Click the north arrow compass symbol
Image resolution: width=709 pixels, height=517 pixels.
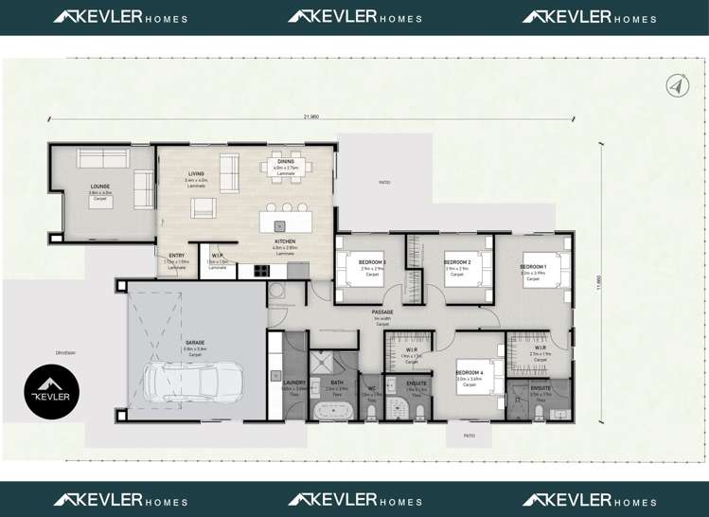pyautogui.click(x=675, y=85)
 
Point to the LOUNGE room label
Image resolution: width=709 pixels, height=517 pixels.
pyautogui.click(x=100, y=187)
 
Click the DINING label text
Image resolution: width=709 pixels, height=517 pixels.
pyautogui.click(x=285, y=162)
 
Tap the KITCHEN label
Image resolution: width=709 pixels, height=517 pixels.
pyautogui.click(x=285, y=241)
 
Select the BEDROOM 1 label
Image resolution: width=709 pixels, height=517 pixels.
pyautogui.click(x=533, y=267)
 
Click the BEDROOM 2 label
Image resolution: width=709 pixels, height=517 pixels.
pyautogui.click(x=457, y=261)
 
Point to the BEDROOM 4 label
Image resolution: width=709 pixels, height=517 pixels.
pyautogui.click(x=469, y=372)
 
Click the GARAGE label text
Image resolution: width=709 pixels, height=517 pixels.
pyautogui.click(x=195, y=342)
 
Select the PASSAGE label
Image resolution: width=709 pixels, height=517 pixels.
pyautogui.click(x=382, y=312)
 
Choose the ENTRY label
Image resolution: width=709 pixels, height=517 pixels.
pyautogui.click(x=177, y=256)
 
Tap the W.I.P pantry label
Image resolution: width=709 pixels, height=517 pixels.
pyautogui.click(x=217, y=256)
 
